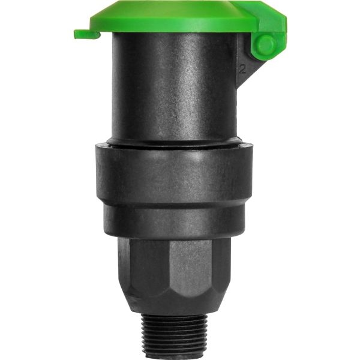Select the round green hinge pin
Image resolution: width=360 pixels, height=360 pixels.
click(265, 46)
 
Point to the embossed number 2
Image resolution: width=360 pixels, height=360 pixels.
click(242, 68)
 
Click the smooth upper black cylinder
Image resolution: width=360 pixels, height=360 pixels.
click(174, 90)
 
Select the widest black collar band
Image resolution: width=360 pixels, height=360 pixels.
click(174, 174)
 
